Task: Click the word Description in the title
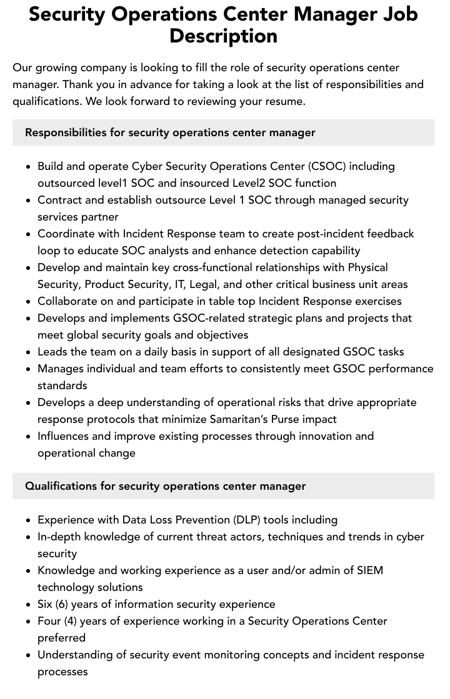point(223,36)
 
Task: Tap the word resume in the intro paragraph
point(284,101)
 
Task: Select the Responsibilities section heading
point(170,132)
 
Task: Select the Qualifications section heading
point(165,486)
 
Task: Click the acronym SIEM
point(370,570)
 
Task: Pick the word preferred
point(61,638)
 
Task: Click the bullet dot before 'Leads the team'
point(28,352)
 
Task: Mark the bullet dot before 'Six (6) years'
point(28,605)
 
